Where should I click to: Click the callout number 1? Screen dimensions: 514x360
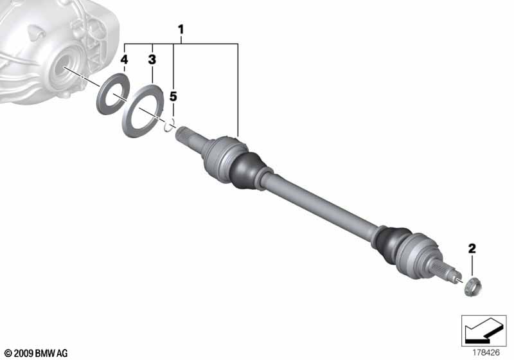point(181,30)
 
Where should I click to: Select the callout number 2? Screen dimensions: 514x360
point(472,248)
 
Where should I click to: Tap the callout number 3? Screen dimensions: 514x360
point(152,60)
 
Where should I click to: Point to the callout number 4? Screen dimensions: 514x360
point(124,60)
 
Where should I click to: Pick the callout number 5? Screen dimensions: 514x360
point(173,96)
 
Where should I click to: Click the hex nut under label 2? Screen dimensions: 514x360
point(473,287)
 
